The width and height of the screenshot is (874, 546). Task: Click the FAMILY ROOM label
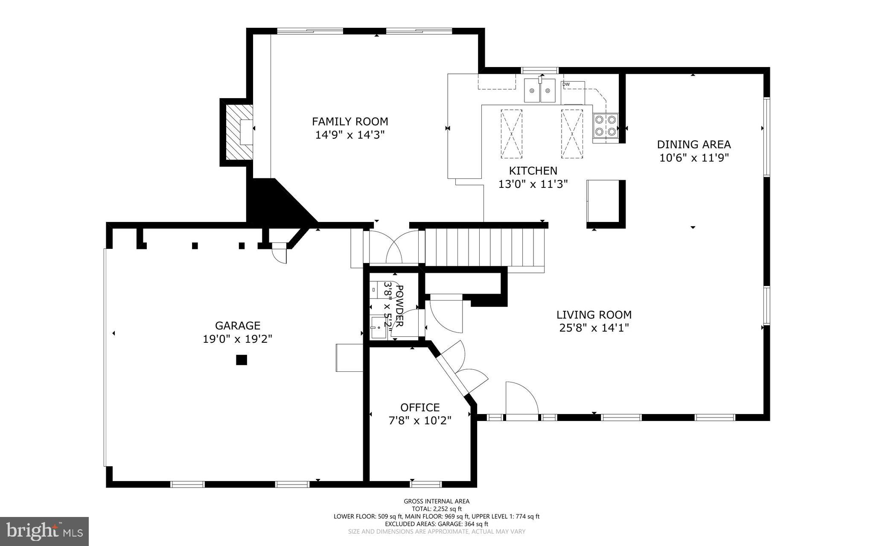pyautogui.click(x=350, y=122)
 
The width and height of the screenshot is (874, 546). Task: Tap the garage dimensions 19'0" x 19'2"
pyautogui.click(x=237, y=339)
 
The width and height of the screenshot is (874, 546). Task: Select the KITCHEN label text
pyautogui.click(x=533, y=171)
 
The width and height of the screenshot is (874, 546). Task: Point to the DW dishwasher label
pyautogui.click(x=566, y=85)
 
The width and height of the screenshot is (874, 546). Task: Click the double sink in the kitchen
pyautogui.click(x=540, y=91)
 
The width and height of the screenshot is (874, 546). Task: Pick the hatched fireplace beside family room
pyautogui.click(x=236, y=132)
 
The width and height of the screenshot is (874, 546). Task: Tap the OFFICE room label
pyautogui.click(x=420, y=408)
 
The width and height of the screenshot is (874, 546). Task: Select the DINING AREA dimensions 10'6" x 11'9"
pyautogui.click(x=693, y=158)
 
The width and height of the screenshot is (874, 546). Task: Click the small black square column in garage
pyautogui.click(x=242, y=360)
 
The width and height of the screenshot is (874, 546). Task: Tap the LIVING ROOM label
pyautogui.click(x=594, y=315)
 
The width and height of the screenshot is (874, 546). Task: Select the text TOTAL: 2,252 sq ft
pyautogui.click(x=437, y=509)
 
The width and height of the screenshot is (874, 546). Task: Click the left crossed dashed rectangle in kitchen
pyautogui.click(x=511, y=134)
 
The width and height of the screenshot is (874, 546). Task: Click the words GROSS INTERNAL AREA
pyautogui.click(x=437, y=501)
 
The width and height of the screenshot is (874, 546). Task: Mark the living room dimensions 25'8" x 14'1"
pyautogui.click(x=594, y=328)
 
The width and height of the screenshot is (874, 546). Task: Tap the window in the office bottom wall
pyautogui.click(x=426, y=484)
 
